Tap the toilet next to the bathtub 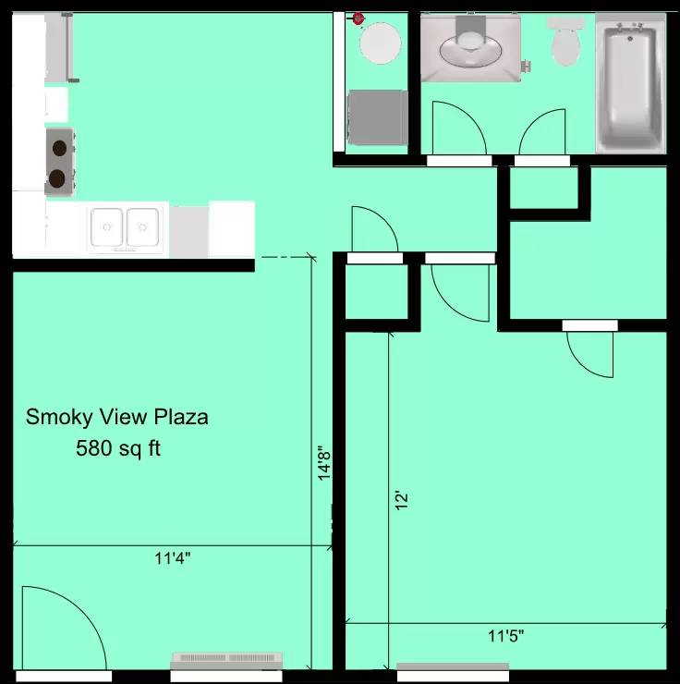tap(564, 42)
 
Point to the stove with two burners tap(58, 161)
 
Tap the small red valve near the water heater tap(358, 18)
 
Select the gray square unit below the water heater tap(377, 117)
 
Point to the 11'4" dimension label tap(173, 557)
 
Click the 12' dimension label tap(400, 500)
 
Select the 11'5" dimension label tap(505, 636)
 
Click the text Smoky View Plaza tap(116, 417)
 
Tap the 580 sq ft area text tap(117, 449)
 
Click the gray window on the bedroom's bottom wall tap(452, 666)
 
